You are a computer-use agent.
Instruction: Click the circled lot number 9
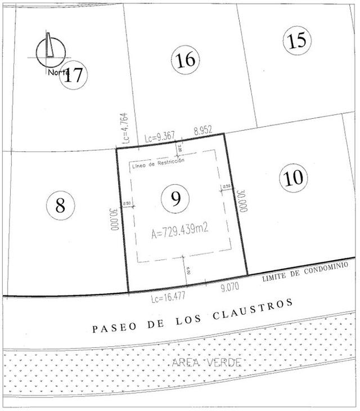click(175, 198)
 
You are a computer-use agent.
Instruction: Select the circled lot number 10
click(293, 178)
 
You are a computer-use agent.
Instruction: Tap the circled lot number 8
click(60, 205)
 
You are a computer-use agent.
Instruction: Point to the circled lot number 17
click(74, 75)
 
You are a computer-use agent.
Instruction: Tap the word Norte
click(58, 72)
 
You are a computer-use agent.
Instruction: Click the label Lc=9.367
click(160, 136)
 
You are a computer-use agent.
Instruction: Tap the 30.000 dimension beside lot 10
click(242, 200)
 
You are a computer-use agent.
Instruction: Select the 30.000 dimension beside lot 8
click(114, 220)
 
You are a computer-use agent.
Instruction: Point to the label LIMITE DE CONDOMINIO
click(303, 274)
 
